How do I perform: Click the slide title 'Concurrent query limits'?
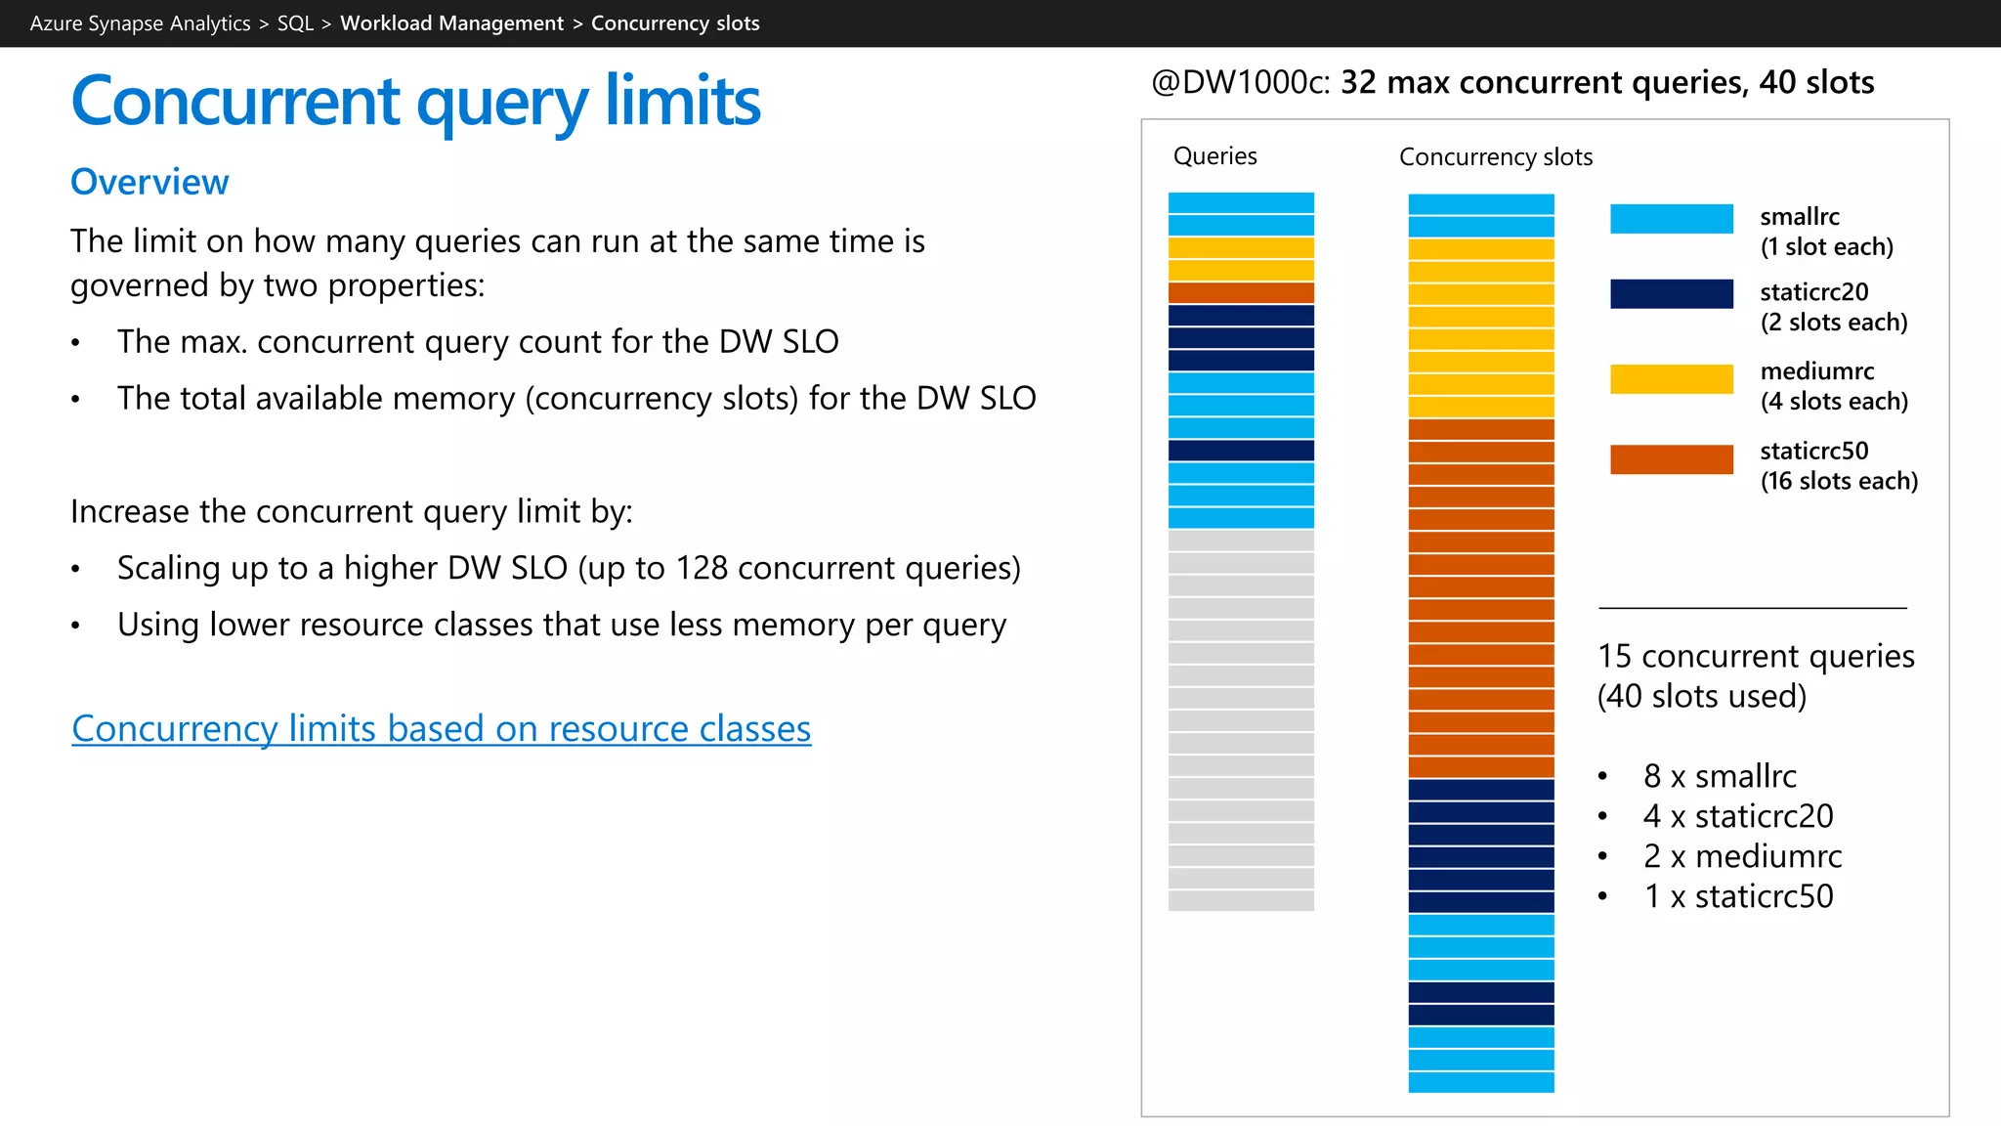click(415, 102)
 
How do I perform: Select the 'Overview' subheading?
click(149, 182)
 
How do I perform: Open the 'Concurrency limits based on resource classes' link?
click(441, 729)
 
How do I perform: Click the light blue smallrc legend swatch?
click(1671, 219)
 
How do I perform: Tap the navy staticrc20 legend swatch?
click(1671, 294)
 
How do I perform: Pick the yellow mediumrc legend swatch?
click(1671, 379)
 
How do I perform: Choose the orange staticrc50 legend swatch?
click(1671, 459)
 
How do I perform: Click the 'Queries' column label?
click(1214, 156)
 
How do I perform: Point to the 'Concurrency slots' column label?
click(1495, 157)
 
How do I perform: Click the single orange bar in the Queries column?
click(1241, 292)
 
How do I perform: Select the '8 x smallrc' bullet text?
click(1720, 776)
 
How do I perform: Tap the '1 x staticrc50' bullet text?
click(1738, 896)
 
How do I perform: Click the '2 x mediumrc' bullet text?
click(1742, 856)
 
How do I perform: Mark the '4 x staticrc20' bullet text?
click(1738, 816)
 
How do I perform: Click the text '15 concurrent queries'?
click(1756, 656)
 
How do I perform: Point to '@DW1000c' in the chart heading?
click(1240, 83)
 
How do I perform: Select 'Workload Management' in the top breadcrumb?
click(451, 23)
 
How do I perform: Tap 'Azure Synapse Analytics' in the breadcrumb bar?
click(140, 23)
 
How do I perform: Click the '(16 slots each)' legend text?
click(1839, 481)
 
